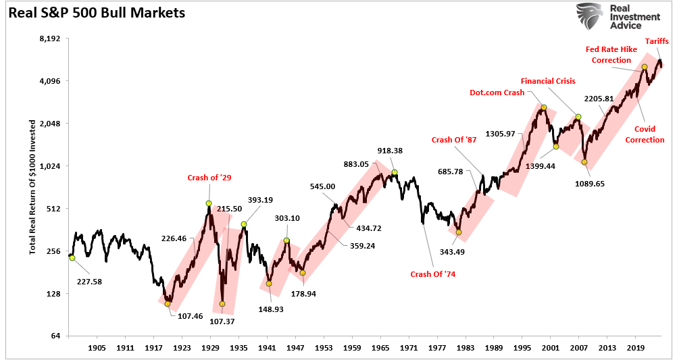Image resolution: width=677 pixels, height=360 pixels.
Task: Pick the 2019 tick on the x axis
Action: [634, 349]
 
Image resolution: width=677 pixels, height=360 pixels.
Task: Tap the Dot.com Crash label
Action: [497, 93]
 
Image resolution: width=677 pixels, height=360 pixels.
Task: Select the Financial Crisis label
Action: [548, 81]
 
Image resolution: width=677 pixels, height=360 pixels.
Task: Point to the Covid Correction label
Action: [645, 134]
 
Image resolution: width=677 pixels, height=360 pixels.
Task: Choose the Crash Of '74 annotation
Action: [433, 274]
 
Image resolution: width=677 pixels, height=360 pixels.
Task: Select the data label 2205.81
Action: [599, 99]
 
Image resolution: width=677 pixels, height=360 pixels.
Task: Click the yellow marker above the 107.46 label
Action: [168, 304]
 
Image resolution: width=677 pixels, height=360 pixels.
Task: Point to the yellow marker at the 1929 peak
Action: [209, 203]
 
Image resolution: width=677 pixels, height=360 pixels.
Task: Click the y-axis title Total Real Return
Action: [32, 186]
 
